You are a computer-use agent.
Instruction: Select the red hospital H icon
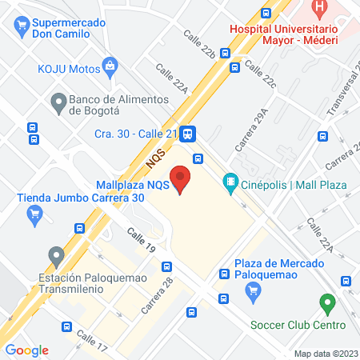[320, 11]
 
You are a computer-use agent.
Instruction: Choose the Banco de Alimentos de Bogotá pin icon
[58, 102]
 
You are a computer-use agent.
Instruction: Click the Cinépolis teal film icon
[230, 183]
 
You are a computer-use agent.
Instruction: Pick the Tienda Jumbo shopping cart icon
[34, 214]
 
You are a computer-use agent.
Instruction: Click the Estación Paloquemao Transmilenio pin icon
[56, 256]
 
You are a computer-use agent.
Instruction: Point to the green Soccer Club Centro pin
[326, 304]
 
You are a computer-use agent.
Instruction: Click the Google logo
[26, 350]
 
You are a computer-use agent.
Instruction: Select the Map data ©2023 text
[325, 354]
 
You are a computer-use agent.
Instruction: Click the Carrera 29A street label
[251, 130]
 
